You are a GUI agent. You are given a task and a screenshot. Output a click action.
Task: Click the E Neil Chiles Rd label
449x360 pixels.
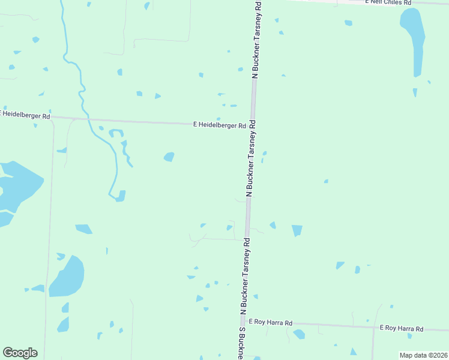click(x=388, y=2)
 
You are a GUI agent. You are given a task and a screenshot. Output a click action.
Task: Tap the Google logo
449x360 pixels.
click(x=20, y=353)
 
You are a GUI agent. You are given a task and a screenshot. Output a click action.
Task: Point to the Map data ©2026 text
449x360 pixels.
click(x=423, y=355)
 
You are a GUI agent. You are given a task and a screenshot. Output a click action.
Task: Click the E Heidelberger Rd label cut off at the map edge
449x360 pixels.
click(x=26, y=113)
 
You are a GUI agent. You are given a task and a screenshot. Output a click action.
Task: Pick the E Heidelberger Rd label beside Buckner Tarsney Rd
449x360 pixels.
click(x=219, y=125)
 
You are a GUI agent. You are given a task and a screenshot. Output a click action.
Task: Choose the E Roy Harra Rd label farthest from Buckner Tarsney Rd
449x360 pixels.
click(x=402, y=328)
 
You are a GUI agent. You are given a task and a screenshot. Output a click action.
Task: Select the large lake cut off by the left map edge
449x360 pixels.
click(x=15, y=188)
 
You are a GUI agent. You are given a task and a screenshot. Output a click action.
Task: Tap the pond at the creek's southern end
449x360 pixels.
click(x=121, y=196)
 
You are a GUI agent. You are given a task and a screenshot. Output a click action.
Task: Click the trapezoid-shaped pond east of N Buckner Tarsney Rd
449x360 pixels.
click(x=297, y=230)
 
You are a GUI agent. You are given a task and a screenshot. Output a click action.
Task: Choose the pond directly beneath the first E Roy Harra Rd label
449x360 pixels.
click(x=299, y=334)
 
